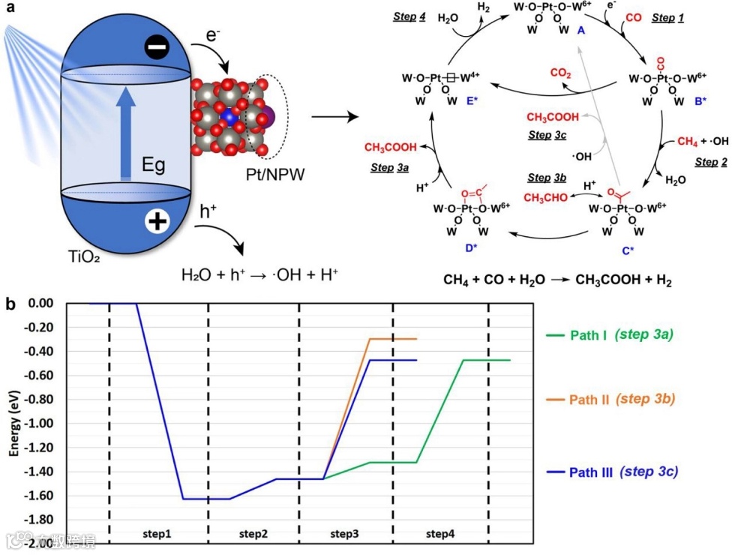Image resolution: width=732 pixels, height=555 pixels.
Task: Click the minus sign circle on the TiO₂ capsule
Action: point(158,49)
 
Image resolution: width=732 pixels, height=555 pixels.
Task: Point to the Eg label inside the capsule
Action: point(154,166)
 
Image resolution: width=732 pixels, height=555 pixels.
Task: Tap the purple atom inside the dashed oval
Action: point(269,117)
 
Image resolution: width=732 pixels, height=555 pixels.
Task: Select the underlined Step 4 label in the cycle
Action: point(410,16)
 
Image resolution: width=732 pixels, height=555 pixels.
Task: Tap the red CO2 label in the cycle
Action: point(561,73)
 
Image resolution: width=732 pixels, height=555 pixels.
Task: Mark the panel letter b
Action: point(10,304)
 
